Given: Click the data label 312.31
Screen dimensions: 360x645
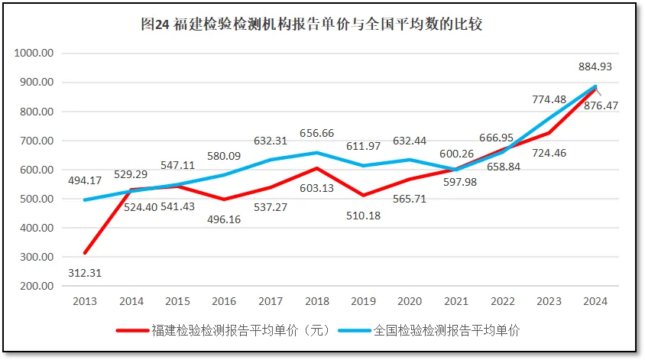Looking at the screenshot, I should [x=85, y=272].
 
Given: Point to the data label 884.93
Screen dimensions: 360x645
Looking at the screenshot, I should [x=597, y=66].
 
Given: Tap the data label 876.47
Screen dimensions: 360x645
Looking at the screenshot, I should [x=600, y=105].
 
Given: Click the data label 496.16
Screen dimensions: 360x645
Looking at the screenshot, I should [x=223, y=218].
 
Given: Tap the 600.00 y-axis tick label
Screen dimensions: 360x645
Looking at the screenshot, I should [x=36, y=170].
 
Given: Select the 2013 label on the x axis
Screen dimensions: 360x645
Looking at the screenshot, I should [x=85, y=301].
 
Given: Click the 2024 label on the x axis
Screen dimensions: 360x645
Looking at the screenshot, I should [x=595, y=301].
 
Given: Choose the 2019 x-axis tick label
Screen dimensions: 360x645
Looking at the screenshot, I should [x=363, y=301].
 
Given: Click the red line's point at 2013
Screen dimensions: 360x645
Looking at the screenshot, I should [x=85, y=252].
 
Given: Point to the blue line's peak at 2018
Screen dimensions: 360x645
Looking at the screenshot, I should [x=316, y=153].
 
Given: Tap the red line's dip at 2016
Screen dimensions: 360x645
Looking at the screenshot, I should [x=224, y=199].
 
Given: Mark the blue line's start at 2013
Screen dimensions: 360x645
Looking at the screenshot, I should [x=85, y=200].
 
